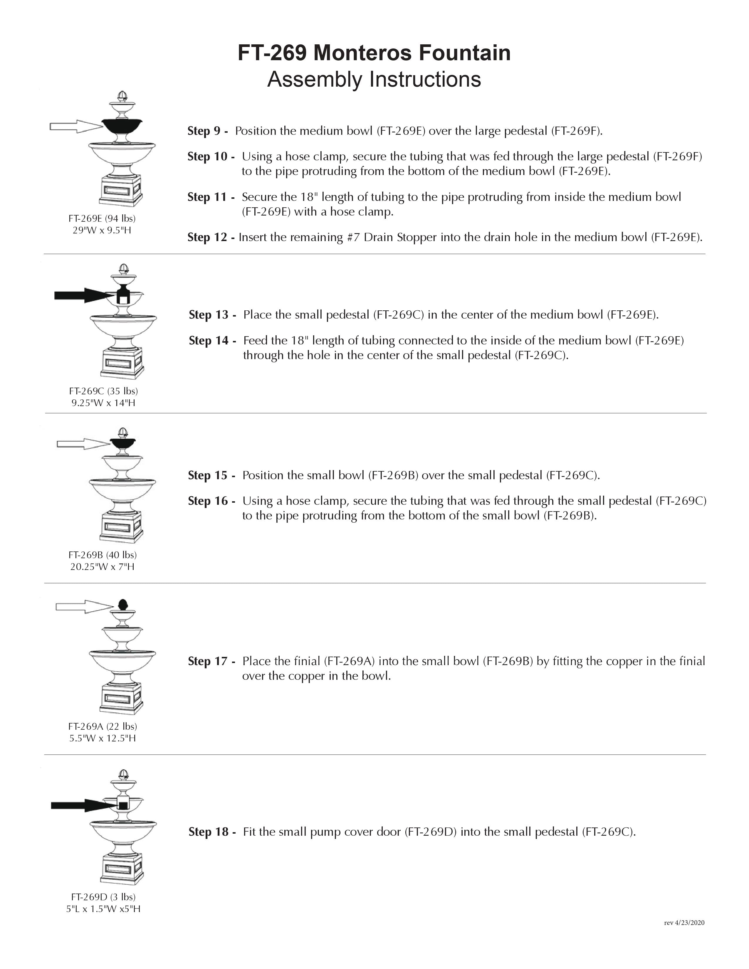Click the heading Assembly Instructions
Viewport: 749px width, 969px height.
point(374,79)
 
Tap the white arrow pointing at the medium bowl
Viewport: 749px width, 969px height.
point(75,127)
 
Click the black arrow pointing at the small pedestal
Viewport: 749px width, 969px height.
point(82,295)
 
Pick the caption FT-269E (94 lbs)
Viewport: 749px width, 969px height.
point(102,218)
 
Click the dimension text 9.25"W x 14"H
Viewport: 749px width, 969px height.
point(103,403)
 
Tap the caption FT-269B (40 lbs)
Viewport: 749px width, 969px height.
point(103,555)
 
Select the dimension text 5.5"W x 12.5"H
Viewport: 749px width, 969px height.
point(103,738)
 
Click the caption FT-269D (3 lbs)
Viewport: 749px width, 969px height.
point(103,897)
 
